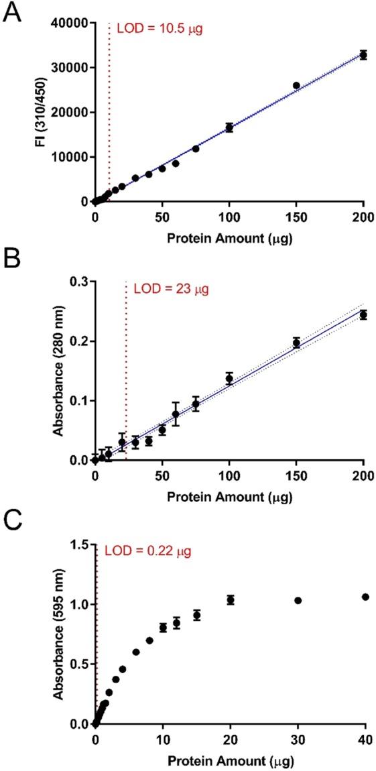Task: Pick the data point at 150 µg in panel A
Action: coord(296,85)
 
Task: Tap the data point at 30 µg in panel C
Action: coord(298,600)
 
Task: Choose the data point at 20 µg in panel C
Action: coord(231,600)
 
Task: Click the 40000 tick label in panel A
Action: coord(68,23)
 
